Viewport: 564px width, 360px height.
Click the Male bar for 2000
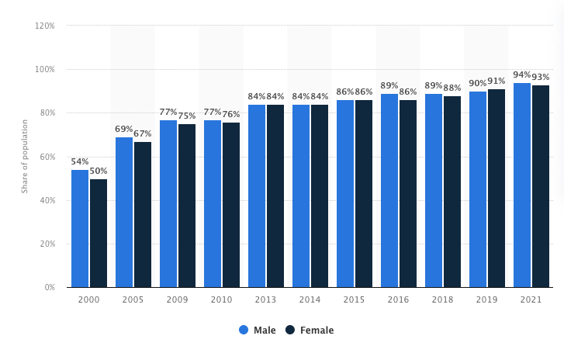click(x=80, y=229)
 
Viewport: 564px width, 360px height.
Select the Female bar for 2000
click(x=99, y=234)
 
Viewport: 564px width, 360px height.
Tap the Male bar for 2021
click(x=522, y=185)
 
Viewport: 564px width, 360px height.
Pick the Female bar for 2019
click(x=497, y=189)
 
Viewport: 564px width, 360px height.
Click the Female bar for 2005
click(x=143, y=215)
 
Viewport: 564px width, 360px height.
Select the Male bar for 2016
click(x=389, y=191)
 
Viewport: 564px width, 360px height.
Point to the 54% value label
click(x=80, y=162)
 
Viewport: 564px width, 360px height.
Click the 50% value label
click(x=99, y=171)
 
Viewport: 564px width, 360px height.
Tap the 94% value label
click(x=522, y=75)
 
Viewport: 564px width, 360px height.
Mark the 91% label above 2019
click(x=497, y=81)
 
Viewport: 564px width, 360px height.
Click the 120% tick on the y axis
click(x=44, y=26)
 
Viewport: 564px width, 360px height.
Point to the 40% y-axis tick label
click(x=46, y=200)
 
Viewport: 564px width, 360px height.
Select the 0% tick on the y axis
click(x=48, y=287)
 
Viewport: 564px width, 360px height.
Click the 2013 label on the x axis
click(x=266, y=299)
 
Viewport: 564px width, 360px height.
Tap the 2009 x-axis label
click(x=178, y=299)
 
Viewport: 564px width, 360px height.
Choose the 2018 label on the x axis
click(x=443, y=299)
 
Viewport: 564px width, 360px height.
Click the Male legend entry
click(x=258, y=330)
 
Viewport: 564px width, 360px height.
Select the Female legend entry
click(x=310, y=330)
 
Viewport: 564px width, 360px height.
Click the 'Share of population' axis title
click(x=25, y=156)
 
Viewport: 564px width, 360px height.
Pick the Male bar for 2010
click(x=213, y=204)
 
